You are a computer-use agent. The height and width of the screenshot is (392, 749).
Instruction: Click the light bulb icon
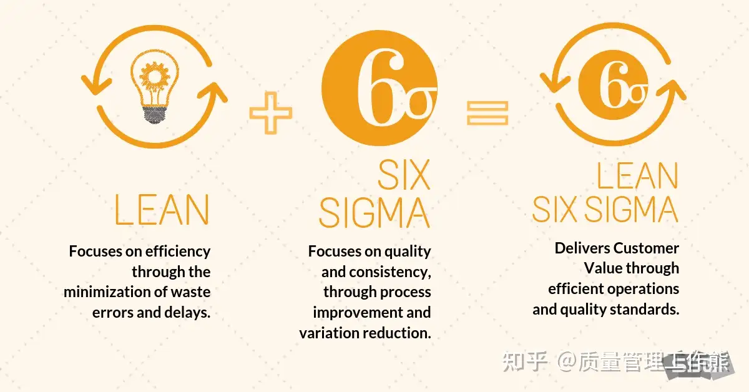pyautogui.click(x=154, y=87)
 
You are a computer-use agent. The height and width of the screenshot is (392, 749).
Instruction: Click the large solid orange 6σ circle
pyautogui.click(x=381, y=89)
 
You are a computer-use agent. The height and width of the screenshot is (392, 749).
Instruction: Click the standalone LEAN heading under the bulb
pyautogui.click(x=162, y=209)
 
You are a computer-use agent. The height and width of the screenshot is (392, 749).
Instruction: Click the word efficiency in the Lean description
pyautogui.click(x=178, y=252)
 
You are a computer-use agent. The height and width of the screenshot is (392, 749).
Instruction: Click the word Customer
pyautogui.click(x=646, y=248)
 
